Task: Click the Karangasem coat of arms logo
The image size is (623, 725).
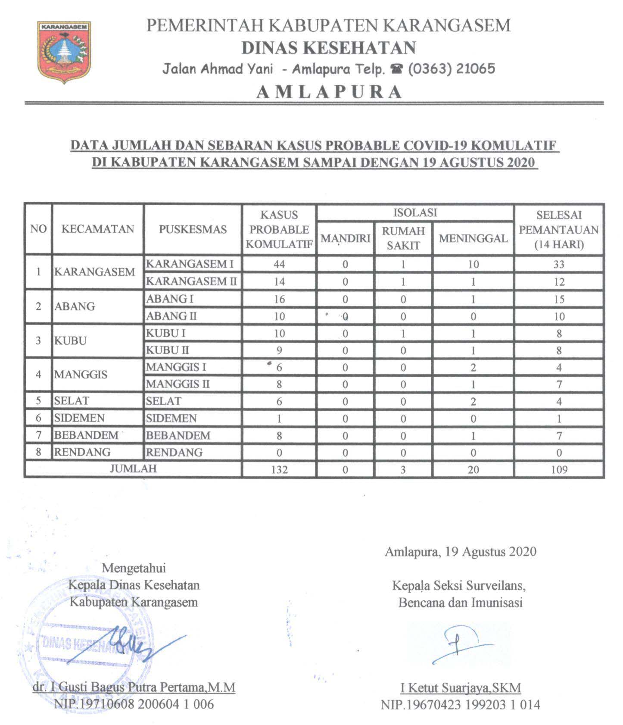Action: [64, 52]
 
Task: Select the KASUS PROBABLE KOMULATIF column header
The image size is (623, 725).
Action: [279, 229]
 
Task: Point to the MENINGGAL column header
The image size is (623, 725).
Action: [473, 238]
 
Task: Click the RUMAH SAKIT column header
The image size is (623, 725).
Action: [403, 238]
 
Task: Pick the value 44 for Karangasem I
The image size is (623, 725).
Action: [279, 264]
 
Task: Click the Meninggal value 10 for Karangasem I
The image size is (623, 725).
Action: [473, 264]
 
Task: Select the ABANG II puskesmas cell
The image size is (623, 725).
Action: [171, 316]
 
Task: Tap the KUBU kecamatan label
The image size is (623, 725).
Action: [71, 341]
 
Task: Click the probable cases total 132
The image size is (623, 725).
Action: [279, 469]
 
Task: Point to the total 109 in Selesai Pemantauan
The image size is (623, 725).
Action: [559, 469]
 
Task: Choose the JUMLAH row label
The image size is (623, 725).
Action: [133, 469]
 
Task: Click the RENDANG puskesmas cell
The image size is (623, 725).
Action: [174, 452]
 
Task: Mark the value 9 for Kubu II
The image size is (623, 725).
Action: [279, 350]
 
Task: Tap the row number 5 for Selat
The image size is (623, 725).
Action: [38, 401]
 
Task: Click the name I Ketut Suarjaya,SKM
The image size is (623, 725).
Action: [461, 687]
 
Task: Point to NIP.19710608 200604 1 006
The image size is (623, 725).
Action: [134, 704]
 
